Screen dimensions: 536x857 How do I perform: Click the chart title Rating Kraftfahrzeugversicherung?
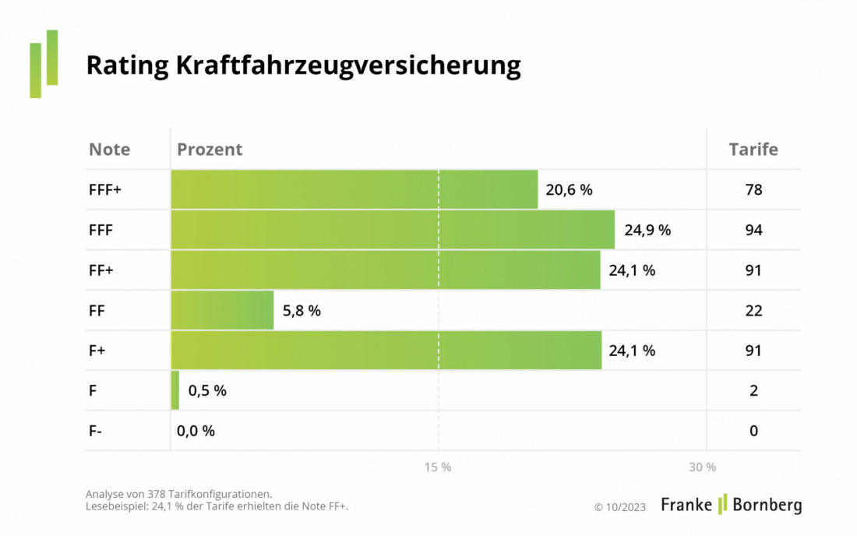click(x=303, y=65)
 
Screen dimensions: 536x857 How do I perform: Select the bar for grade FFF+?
click(x=354, y=189)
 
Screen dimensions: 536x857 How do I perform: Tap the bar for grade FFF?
click(x=392, y=230)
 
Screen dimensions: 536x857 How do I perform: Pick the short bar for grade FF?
click(x=222, y=310)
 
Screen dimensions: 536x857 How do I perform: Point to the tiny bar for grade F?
click(x=175, y=390)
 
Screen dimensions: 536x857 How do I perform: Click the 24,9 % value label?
click(x=647, y=230)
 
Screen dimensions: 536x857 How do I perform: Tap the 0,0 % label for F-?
click(x=196, y=431)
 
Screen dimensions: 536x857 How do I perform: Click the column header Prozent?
click(x=210, y=150)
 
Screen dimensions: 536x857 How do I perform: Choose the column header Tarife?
click(x=753, y=150)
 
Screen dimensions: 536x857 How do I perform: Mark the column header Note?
click(x=110, y=150)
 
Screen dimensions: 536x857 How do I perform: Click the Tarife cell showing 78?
click(x=753, y=189)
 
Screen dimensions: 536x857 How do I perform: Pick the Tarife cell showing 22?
click(x=753, y=310)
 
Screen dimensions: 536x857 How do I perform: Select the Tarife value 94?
click(x=753, y=230)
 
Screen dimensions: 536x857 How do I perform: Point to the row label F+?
click(x=97, y=351)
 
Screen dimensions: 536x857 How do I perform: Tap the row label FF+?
click(x=101, y=270)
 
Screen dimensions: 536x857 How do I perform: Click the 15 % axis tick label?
click(x=438, y=467)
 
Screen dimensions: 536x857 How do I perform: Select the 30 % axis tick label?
click(x=702, y=467)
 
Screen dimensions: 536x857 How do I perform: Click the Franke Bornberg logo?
click(x=731, y=505)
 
